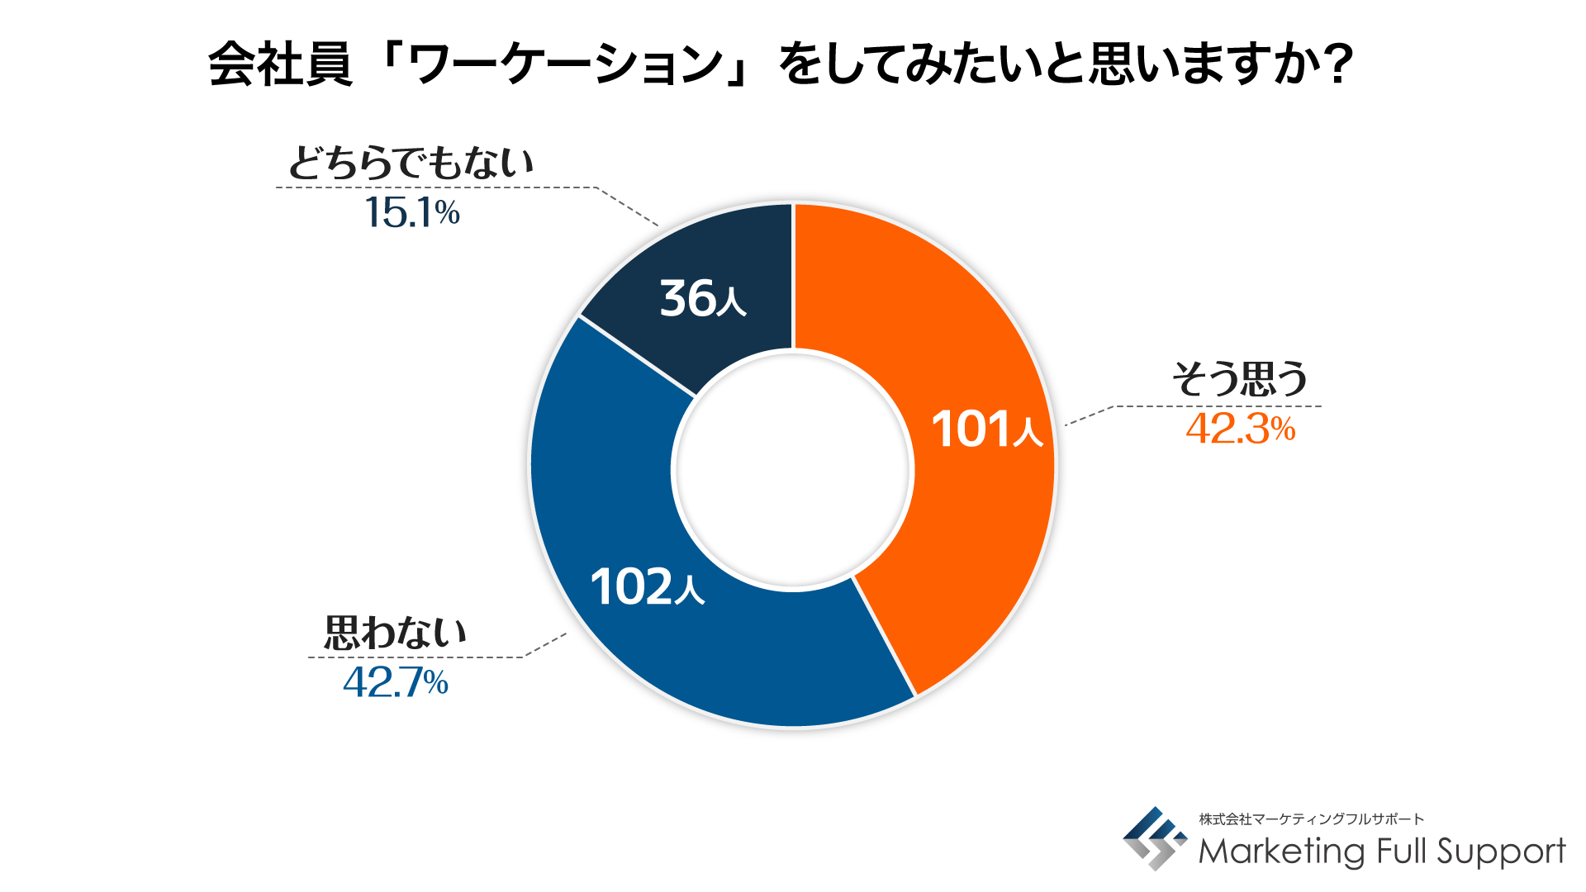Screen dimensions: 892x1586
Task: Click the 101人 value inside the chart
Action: coord(987,429)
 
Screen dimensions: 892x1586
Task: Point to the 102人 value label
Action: coord(647,587)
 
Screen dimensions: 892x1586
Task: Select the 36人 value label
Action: coord(702,298)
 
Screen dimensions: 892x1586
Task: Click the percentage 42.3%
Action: coord(1240,429)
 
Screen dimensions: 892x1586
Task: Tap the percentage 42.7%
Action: coord(395,682)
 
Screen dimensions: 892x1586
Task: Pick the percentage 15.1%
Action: coord(411,212)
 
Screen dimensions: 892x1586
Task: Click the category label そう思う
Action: coord(1240,379)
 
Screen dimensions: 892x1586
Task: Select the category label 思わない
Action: coord(395,633)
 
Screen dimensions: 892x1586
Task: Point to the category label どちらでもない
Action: coord(411,163)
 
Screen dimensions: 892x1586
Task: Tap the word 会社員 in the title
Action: coord(280,64)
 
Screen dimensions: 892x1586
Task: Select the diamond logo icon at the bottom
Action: coord(1154,838)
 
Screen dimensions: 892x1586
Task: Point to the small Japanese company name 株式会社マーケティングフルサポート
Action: coord(1311,818)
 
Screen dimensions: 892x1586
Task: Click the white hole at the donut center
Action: coord(793,468)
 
